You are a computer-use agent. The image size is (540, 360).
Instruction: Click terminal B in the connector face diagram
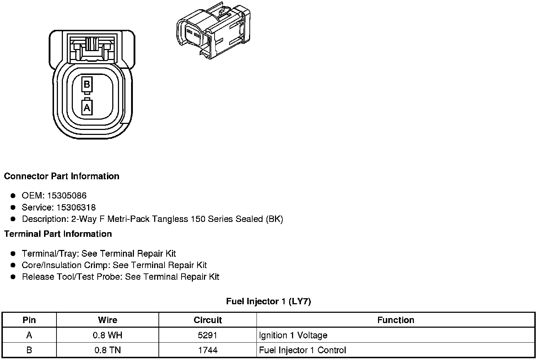pos(87,84)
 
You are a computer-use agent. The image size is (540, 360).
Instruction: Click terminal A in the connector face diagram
pos(87,107)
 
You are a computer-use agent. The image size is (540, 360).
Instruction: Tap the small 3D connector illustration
pos(213,30)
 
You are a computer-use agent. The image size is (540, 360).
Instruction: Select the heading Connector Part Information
pos(61,176)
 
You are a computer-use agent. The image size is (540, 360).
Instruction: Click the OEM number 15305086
pos(67,196)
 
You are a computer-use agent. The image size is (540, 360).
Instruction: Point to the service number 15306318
pos(76,207)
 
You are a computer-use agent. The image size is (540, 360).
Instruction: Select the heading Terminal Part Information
pos(58,234)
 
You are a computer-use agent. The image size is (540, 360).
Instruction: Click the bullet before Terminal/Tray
pos(13,253)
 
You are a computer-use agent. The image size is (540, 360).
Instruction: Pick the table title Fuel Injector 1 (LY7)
pos(269,301)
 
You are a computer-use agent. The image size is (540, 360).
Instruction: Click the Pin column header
pos(29,320)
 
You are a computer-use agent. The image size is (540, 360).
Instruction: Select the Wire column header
pos(107,320)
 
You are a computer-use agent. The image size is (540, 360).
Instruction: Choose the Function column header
pos(395,320)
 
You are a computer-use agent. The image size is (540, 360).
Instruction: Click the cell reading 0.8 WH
pos(107,335)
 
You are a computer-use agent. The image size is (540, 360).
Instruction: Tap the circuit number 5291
pos(207,335)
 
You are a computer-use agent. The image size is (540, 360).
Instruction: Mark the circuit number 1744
pos(207,350)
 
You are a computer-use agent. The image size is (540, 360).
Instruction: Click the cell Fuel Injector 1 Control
pos(302,350)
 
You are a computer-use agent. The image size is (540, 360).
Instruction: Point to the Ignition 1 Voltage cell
pos(293,335)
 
